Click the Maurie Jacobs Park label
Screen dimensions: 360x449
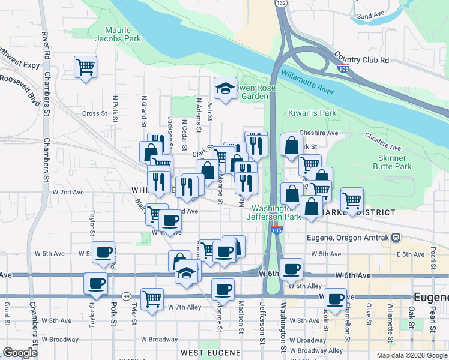pyautogui.click(x=122, y=34)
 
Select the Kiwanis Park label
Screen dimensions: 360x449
pyautogui.click(x=312, y=113)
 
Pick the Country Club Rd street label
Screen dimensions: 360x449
pyautogui.click(x=362, y=60)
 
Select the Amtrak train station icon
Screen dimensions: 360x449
pyautogui.click(x=396, y=237)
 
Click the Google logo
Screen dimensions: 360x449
pyautogui.click(x=20, y=353)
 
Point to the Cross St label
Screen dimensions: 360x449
pyautogui.click(x=94, y=113)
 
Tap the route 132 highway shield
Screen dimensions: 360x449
pyautogui.click(x=281, y=3)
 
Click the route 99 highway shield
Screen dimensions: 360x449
pyautogui.click(x=126, y=296)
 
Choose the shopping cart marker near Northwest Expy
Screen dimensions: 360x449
pyautogui.click(x=85, y=66)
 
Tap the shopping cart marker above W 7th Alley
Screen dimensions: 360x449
pyautogui.click(x=152, y=299)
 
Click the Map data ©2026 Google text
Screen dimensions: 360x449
pyautogui.click(x=411, y=355)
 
